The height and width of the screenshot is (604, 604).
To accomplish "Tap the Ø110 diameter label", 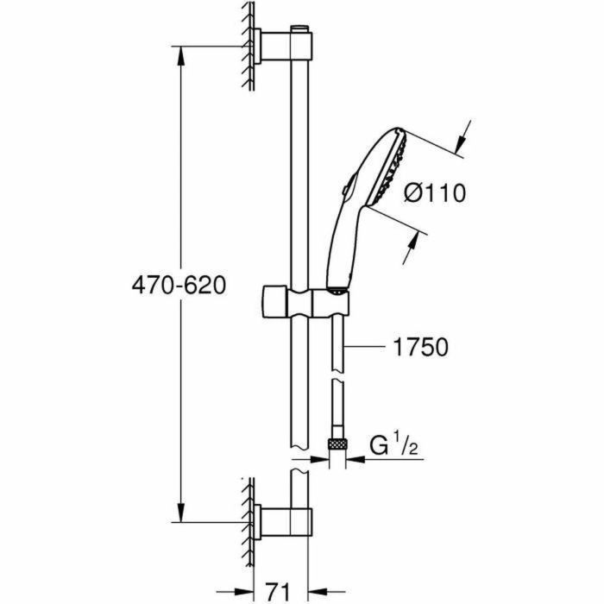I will [x=434, y=193].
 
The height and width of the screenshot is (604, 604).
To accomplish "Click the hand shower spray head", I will [x=388, y=163].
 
